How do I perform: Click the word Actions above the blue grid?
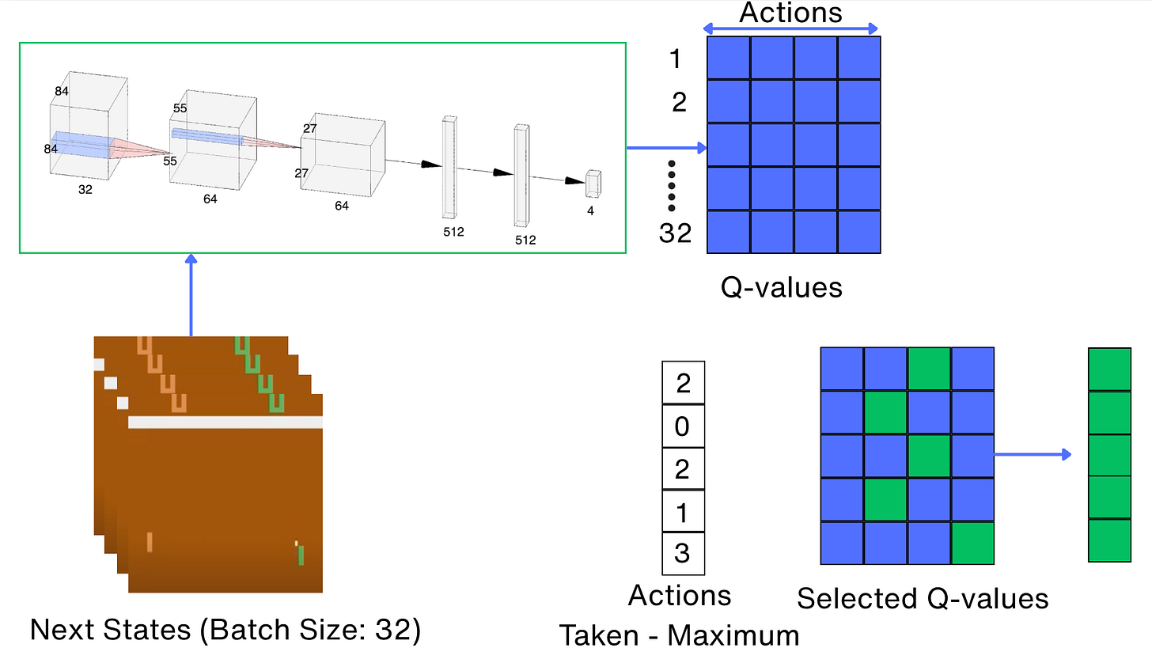[x=790, y=13]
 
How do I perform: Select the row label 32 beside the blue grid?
[x=675, y=233]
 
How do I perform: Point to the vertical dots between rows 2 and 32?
[x=672, y=186]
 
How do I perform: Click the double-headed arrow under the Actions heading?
[x=790, y=29]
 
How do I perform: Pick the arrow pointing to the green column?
[x=1032, y=454]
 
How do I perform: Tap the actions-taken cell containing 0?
[x=682, y=426]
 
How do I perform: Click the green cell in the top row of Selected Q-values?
[x=928, y=369]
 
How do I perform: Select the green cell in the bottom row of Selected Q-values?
[x=972, y=543]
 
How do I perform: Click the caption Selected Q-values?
[x=923, y=598]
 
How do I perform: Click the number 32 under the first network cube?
[x=85, y=190]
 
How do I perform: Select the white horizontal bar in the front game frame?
[x=225, y=422]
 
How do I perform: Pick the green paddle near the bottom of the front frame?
[x=301, y=555]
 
